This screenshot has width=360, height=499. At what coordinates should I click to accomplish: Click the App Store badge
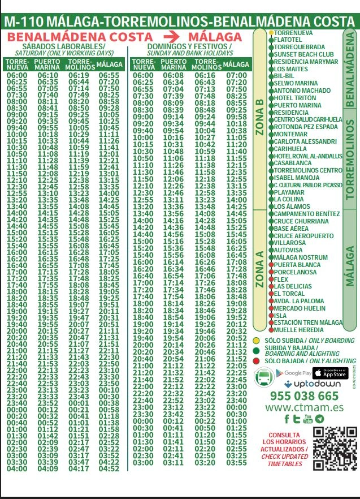[329, 373]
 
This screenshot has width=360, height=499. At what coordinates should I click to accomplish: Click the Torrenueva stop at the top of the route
[294, 33]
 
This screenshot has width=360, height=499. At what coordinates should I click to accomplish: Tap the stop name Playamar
[290, 192]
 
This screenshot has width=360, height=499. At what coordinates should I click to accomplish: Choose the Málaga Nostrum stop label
[300, 257]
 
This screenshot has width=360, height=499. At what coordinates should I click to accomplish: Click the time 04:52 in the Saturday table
[109, 468]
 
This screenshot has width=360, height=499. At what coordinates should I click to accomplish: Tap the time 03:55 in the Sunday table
[236, 462]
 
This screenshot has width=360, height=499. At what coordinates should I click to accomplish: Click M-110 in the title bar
[24, 21]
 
